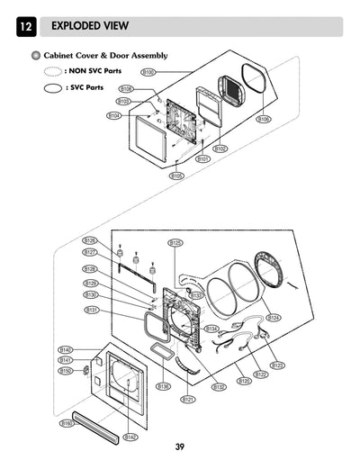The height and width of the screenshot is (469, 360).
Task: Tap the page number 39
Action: point(179,447)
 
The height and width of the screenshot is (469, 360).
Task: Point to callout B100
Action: point(148,71)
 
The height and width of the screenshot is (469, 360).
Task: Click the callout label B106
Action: point(264,119)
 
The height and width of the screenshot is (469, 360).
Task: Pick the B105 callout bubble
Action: point(176,176)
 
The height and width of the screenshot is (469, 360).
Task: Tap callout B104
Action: point(114,115)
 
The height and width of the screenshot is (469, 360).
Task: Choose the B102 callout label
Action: point(220,148)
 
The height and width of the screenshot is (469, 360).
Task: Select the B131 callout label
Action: point(91,310)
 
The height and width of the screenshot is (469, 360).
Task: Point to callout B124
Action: point(274,318)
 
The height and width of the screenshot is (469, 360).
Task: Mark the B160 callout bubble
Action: point(67,423)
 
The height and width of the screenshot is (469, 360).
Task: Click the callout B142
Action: point(130,437)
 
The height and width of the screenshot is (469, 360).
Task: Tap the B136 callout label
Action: point(163,386)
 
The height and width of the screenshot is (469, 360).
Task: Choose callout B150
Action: point(66,370)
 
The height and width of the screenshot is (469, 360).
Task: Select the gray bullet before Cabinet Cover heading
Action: point(35,55)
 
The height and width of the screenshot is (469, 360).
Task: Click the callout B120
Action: point(244,381)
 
